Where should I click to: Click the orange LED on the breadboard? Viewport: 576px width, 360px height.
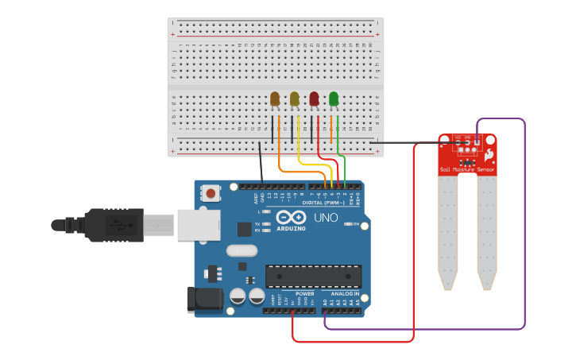pyautogui.click(x=275, y=99)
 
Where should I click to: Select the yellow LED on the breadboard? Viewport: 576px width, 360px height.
pyautogui.click(x=295, y=99)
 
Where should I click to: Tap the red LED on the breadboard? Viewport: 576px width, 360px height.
pyautogui.click(x=314, y=99)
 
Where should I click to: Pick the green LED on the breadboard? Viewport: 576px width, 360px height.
pyautogui.click(x=334, y=99)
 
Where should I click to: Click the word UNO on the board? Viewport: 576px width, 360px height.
pyautogui.click(x=326, y=218)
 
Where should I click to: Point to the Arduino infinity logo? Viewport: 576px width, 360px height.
pyautogui.click(x=292, y=216)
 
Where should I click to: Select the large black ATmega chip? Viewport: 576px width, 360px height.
pyautogui.click(x=313, y=276)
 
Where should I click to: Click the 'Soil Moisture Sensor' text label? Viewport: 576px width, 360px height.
pyautogui.click(x=467, y=170)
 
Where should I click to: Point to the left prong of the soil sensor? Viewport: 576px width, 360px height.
pyautogui.click(x=448, y=230)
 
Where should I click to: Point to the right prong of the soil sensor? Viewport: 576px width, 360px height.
pyautogui.click(x=486, y=230)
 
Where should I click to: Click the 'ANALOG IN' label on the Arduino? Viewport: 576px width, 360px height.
pyautogui.click(x=345, y=293)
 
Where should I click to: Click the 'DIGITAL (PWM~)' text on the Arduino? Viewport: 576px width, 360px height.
pyautogui.click(x=323, y=203)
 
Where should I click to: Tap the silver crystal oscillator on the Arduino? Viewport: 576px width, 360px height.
pyautogui.click(x=242, y=251)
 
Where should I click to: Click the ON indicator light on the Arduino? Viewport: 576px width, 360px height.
pyautogui.click(x=350, y=225)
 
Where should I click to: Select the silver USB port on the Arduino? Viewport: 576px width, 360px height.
pyautogui.click(x=198, y=225)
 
